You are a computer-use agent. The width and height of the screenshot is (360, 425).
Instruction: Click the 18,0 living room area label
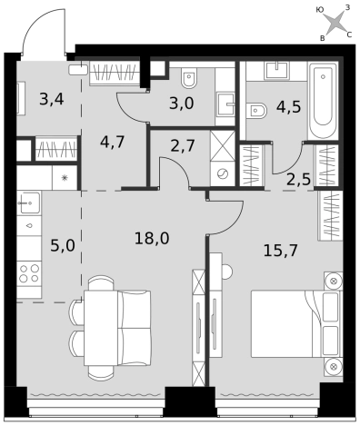click(152, 239)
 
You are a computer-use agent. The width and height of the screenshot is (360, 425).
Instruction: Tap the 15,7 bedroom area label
click(281, 251)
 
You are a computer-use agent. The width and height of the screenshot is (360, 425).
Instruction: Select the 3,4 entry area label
click(52, 99)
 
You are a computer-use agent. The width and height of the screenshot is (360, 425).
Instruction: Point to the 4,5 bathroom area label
click(288, 107)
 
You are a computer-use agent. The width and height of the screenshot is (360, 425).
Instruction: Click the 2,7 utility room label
click(183, 146)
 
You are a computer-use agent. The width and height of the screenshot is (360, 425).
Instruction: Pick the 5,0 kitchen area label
click(63, 245)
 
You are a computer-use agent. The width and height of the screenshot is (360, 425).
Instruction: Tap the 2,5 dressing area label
click(299, 180)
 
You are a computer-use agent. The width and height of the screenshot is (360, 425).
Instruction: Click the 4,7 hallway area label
click(113, 142)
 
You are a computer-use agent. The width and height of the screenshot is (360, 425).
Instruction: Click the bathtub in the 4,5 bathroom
click(323, 101)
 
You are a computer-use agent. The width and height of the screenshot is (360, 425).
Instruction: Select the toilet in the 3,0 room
click(189, 77)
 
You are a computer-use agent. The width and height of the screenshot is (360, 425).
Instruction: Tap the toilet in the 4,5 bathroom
click(256, 111)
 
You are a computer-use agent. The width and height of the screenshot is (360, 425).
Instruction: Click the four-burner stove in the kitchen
click(29, 273)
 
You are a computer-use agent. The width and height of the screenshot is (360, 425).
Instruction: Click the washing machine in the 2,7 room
click(223, 173)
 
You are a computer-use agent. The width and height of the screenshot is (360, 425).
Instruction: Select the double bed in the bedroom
click(296, 323)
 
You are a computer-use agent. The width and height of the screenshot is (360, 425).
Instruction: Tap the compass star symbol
click(335, 23)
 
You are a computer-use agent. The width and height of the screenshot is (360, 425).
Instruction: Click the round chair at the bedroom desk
click(227, 272)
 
